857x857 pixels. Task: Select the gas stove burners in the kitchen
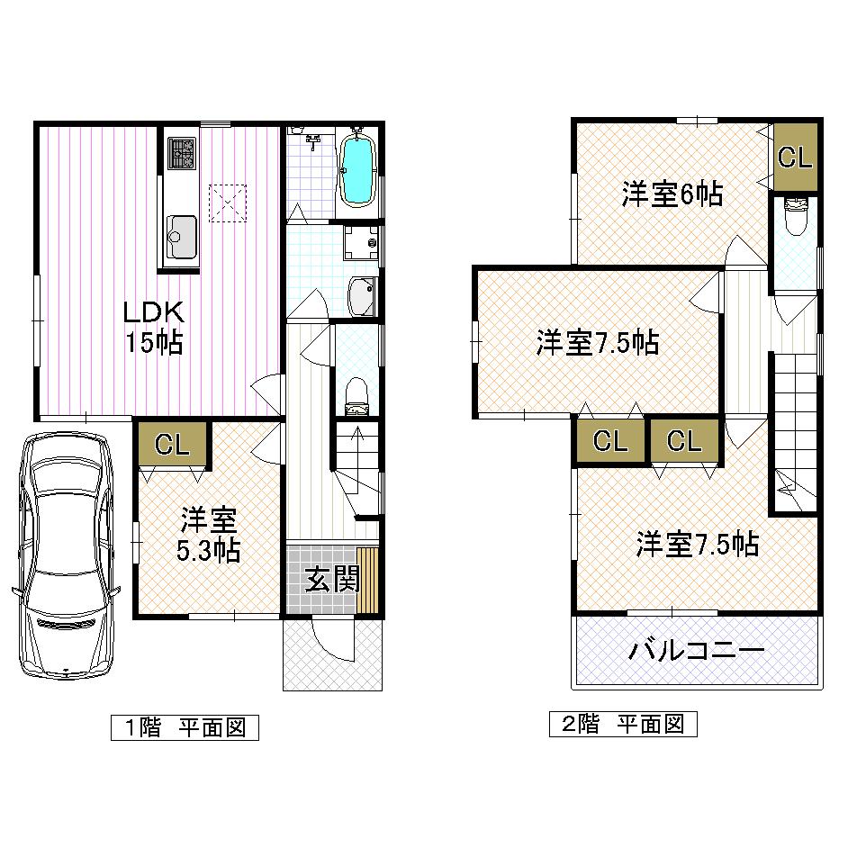(182, 153)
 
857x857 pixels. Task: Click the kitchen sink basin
(182, 237)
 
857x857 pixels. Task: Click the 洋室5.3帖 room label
(209, 535)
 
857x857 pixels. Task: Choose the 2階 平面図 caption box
(623, 724)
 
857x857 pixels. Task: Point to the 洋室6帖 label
(672, 194)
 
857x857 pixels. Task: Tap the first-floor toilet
(357, 392)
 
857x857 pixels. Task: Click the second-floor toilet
(796, 216)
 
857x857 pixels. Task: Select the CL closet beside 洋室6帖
(795, 158)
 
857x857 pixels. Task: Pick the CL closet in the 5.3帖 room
(171, 444)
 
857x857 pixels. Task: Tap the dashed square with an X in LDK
(228, 202)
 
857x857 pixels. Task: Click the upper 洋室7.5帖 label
(598, 342)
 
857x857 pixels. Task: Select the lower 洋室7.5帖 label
(697, 544)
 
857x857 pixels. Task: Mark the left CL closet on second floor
(609, 441)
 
